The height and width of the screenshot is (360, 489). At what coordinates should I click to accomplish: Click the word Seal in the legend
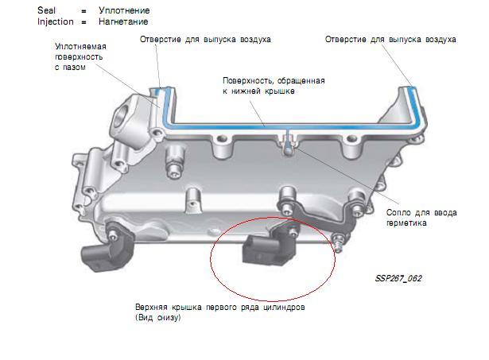click(46, 10)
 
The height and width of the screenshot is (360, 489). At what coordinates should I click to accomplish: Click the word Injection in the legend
click(56, 21)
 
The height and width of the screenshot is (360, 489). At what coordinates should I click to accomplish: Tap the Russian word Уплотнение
click(124, 10)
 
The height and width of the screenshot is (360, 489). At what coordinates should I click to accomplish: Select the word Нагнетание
click(123, 21)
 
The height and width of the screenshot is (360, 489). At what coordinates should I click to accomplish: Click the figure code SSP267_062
click(398, 278)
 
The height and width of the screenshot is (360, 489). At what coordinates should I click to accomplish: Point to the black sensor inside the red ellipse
click(269, 248)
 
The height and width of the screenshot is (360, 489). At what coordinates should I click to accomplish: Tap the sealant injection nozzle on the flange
click(289, 147)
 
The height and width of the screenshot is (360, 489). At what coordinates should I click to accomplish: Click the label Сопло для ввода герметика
click(421, 218)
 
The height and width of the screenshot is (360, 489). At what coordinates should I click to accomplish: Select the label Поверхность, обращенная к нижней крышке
click(274, 86)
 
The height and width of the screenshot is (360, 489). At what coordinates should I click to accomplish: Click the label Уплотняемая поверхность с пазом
click(80, 56)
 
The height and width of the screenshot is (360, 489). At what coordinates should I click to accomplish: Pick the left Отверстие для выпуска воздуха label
click(205, 40)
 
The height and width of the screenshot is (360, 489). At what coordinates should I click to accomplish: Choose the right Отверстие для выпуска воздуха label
click(390, 40)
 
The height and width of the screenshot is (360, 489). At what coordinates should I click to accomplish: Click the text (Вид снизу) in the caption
click(158, 318)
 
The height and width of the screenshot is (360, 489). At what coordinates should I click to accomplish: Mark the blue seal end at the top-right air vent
click(413, 89)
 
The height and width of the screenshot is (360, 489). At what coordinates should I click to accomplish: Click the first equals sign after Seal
click(83, 11)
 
